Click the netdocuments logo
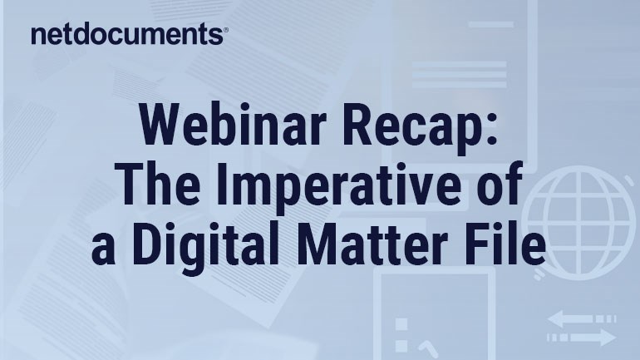point(130,33)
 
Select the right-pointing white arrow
point(582,338)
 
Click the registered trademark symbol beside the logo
point(226,30)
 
